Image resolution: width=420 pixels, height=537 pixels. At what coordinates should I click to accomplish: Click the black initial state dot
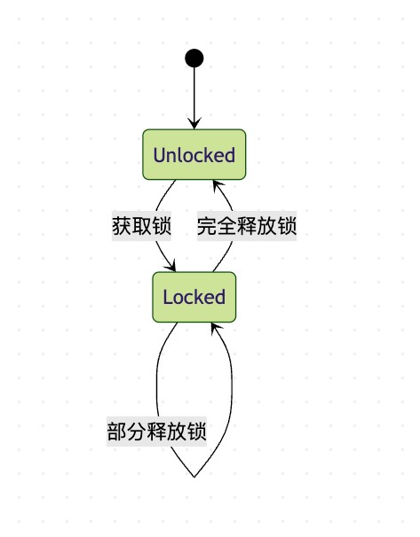pos(194,58)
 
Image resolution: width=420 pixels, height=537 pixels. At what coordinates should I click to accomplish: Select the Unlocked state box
pos(194,154)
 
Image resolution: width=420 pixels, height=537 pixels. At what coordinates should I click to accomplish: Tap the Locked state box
pos(194,297)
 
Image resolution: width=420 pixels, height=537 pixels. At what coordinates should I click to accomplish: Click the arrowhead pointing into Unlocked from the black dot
pos(194,124)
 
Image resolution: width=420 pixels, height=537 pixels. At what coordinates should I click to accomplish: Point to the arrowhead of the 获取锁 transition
pos(170,266)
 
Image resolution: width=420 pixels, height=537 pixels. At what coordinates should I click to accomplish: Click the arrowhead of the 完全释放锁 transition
pos(218,185)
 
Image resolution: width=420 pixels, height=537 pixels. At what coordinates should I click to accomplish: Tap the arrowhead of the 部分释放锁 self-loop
pos(216,328)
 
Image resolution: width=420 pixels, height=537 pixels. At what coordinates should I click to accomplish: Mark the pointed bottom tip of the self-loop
pos(194,477)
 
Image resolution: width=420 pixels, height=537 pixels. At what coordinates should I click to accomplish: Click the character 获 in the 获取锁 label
pos(122,226)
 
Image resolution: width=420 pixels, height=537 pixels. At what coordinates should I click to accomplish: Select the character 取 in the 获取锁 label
pos(141,226)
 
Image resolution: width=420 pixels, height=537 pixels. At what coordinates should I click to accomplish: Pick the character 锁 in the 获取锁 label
pos(162,226)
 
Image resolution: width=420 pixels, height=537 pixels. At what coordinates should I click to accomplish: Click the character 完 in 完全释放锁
pos(207,226)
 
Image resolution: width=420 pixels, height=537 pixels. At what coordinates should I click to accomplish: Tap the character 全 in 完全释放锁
pos(226,226)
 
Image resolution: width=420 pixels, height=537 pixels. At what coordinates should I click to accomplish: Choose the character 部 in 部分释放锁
pos(117,432)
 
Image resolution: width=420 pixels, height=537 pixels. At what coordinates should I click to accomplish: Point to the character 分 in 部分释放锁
pos(137,432)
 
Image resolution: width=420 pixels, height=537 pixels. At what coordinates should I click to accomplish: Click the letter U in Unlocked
pos(160,155)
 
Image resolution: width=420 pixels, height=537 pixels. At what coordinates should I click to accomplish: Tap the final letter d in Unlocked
pos(230,155)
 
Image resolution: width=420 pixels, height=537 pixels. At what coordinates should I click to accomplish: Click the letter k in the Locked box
pos(201,297)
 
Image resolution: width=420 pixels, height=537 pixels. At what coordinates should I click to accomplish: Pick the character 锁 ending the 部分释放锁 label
pos(197,432)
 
